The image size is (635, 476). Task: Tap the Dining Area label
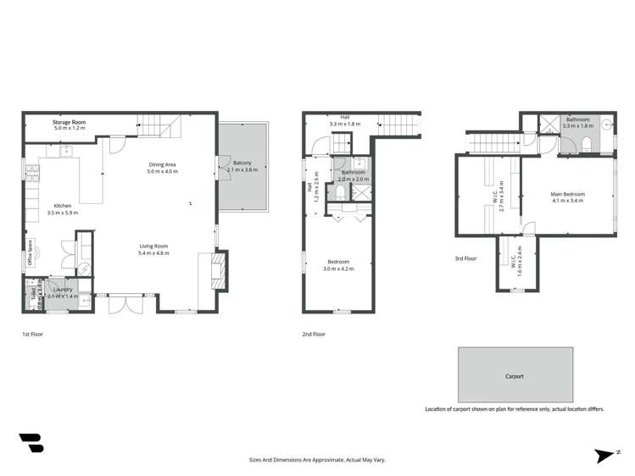coord(162,165)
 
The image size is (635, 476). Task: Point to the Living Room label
coord(154,246)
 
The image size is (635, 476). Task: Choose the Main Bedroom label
coord(568,194)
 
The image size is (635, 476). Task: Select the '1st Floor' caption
coord(32,335)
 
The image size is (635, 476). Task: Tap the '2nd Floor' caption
coord(314,335)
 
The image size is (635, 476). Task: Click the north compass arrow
coord(607,456)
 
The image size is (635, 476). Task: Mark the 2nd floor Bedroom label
coord(338,262)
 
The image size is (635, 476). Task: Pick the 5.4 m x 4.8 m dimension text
coord(154,253)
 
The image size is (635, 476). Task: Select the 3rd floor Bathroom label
coord(578,119)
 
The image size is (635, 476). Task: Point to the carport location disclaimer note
coord(515,409)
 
